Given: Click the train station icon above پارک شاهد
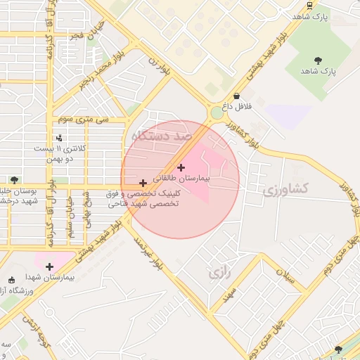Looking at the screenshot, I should coord(310,5).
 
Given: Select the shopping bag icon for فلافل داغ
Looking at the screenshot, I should coord(236,96).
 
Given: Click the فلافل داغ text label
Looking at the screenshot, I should coord(237,107).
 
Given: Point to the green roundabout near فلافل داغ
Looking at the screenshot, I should coord(217,112).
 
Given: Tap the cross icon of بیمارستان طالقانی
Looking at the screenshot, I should coord(181,167).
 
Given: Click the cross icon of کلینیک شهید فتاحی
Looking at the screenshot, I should coord(143,183).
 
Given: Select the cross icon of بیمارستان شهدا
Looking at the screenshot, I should coord(49,266).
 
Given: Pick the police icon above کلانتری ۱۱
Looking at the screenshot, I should coord(59,138).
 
